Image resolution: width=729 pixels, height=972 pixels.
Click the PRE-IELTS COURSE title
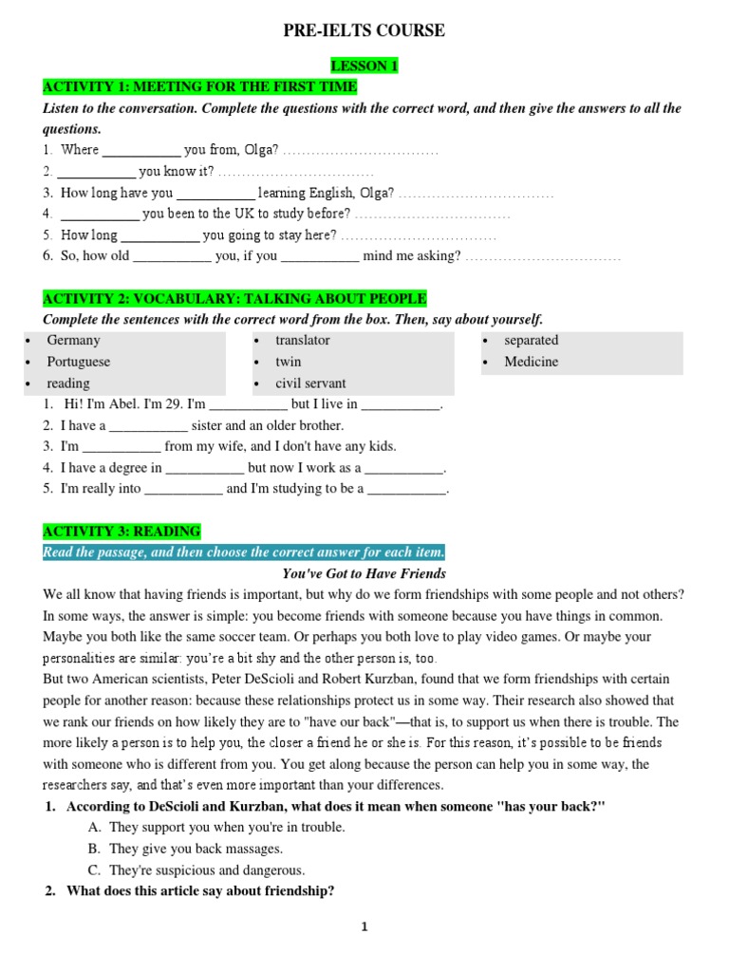pyautogui.click(x=364, y=31)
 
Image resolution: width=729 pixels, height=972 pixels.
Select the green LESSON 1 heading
pyautogui.click(x=364, y=65)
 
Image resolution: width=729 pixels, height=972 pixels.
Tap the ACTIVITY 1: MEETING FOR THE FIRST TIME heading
pyautogui.click(x=200, y=87)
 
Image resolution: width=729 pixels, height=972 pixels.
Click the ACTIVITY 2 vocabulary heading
pyautogui.click(x=234, y=298)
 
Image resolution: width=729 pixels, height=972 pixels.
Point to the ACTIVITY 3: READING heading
pyautogui.click(x=121, y=532)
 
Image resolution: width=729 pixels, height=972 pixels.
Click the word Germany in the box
pyautogui.click(x=73, y=340)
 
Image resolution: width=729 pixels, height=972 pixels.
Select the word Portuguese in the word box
pyautogui.click(x=79, y=362)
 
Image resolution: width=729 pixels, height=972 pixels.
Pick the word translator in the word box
pyautogui.click(x=303, y=340)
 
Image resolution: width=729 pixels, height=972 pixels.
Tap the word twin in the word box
pyautogui.click(x=288, y=362)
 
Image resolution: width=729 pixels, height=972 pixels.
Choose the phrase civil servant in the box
pyautogui.click(x=310, y=383)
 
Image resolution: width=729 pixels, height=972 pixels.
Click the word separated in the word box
pyautogui.click(x=532, y=340)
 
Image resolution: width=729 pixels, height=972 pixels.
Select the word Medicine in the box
pyautogui.click(x=532, y=362)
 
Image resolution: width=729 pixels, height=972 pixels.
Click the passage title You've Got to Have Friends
pyautogui.click(x=364, y=573)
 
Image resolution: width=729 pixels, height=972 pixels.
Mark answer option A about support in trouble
pyautogui.click(x=227, y=827)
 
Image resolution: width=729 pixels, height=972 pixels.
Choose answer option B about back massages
pyautogui.click(x=196, y=849)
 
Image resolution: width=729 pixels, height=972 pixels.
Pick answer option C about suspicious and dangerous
pyautogui.click(x=207, y=870)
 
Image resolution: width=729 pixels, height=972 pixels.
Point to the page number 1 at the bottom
pyautogui.click(x=364, y=927)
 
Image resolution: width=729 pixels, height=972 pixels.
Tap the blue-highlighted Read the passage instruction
pyautogui.click(x=244, y=552)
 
